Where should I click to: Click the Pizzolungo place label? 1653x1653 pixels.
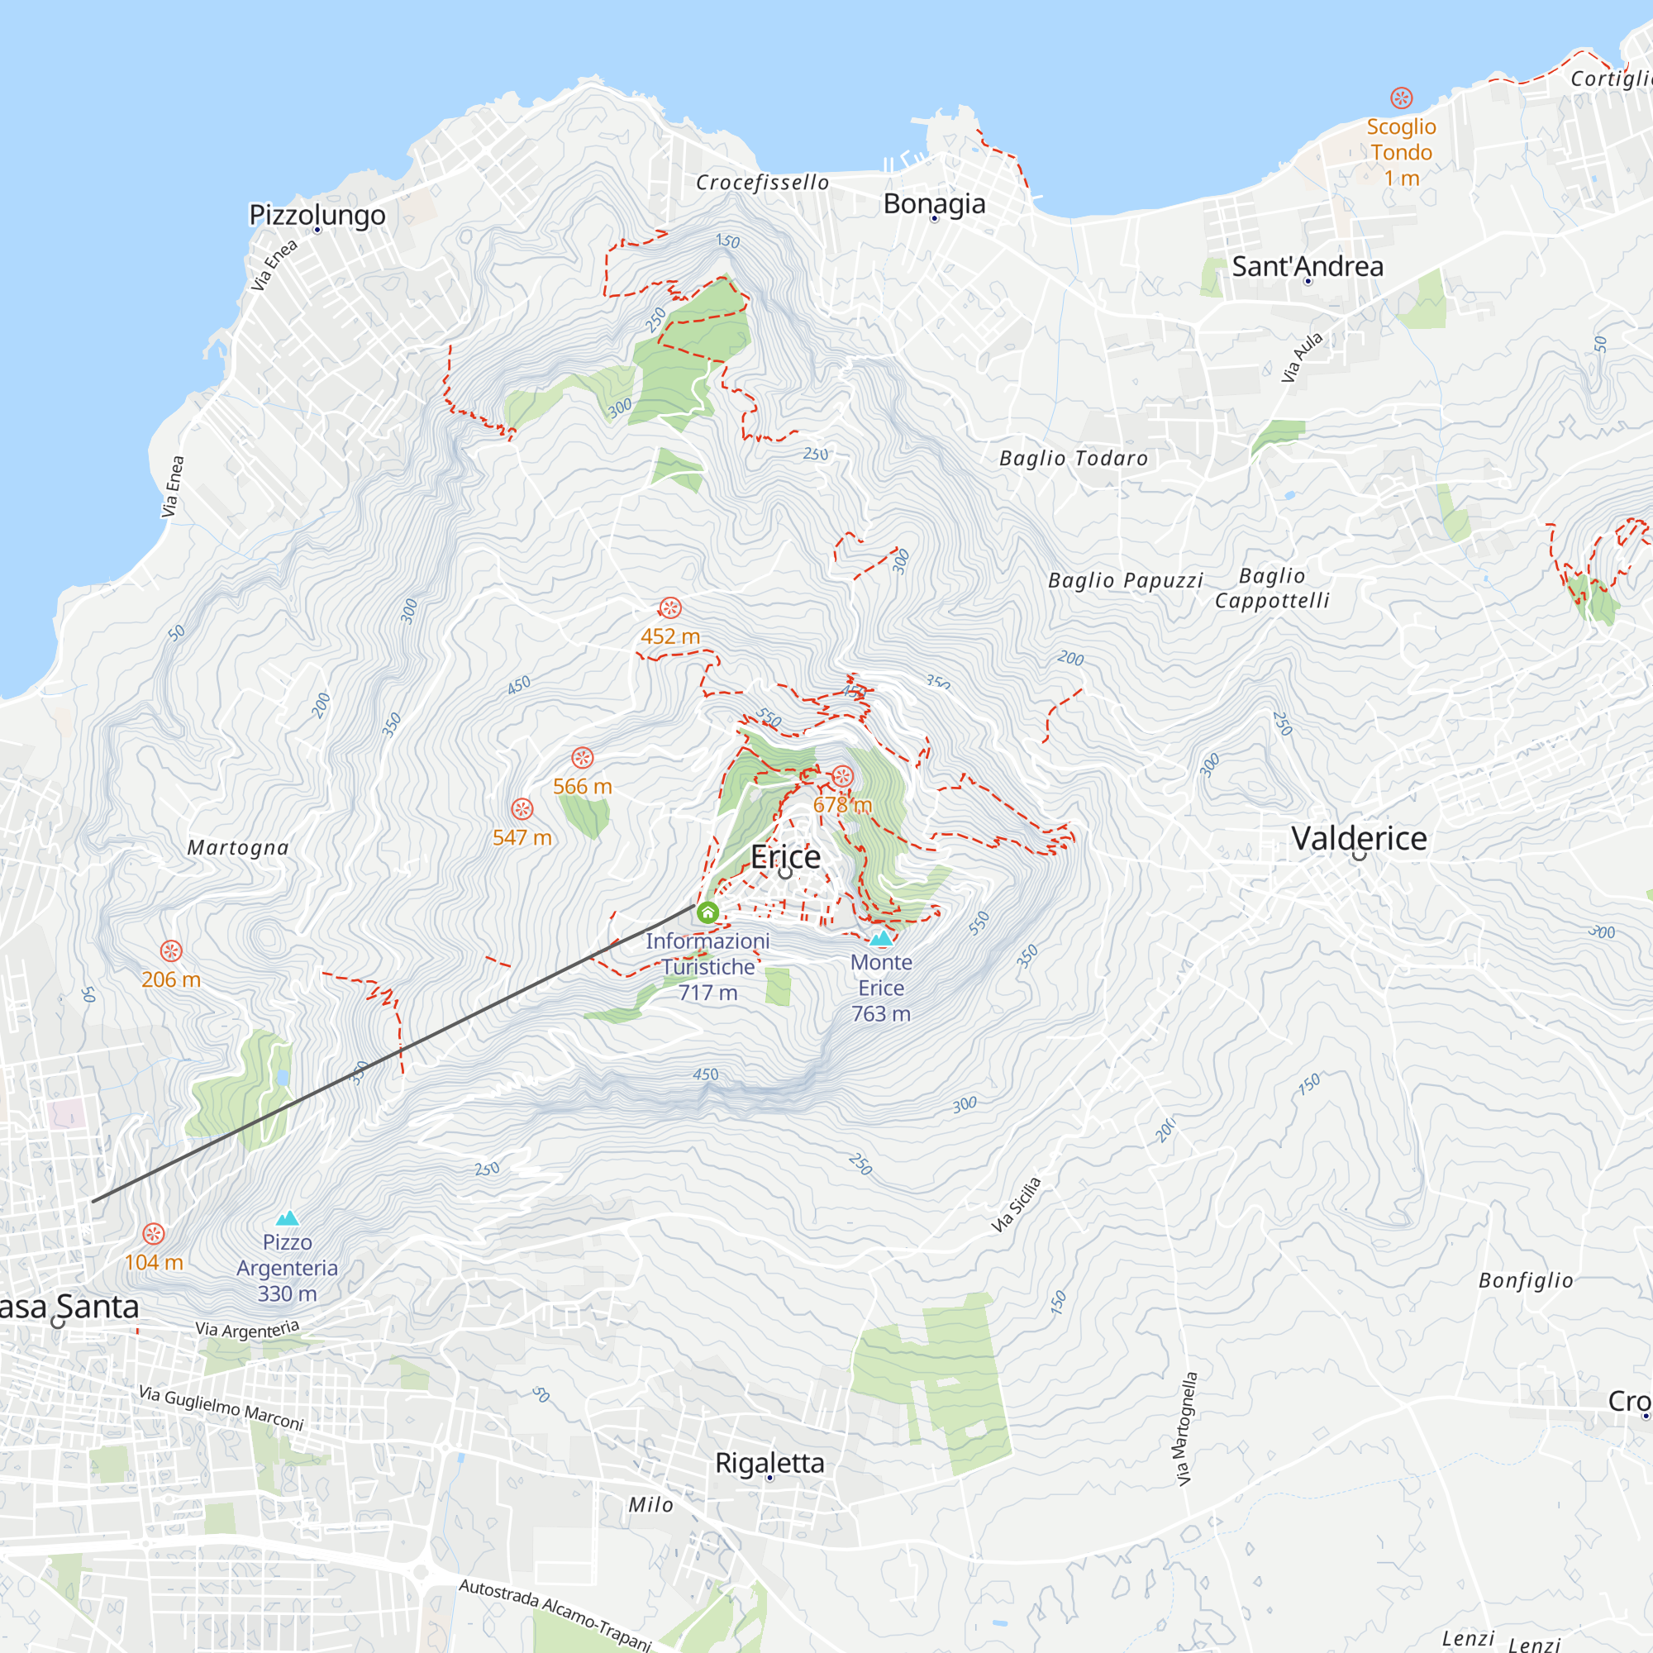coord(317,214)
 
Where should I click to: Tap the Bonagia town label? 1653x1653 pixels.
coord(933,203)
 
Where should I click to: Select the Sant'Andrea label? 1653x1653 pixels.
coord(1308,266)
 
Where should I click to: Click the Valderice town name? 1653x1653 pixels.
coord(1359,838)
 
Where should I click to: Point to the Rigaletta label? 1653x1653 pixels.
coord(769,1463)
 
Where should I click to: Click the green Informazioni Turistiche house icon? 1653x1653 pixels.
coord(707,912)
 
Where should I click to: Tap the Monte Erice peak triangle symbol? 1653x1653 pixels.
coord(881,938)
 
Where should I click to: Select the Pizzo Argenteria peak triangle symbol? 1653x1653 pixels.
coord(288,1218)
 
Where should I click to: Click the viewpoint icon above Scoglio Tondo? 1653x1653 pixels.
coord(1401,98)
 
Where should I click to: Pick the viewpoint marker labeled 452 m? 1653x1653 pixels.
coord(670,608)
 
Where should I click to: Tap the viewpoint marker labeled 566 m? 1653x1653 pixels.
coord(583,758)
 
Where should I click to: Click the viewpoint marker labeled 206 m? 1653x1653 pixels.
coord(171,951)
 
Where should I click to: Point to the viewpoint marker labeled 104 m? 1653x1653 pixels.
coord(153,1234)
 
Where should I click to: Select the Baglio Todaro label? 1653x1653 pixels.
coord(1073,459)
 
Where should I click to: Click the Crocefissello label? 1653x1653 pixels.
coord(761,182)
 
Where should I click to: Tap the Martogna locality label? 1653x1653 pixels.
coord(238,848)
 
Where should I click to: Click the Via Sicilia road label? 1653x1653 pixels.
coord(1017,1205)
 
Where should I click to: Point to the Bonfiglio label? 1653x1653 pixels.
coord(1526,1281)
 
